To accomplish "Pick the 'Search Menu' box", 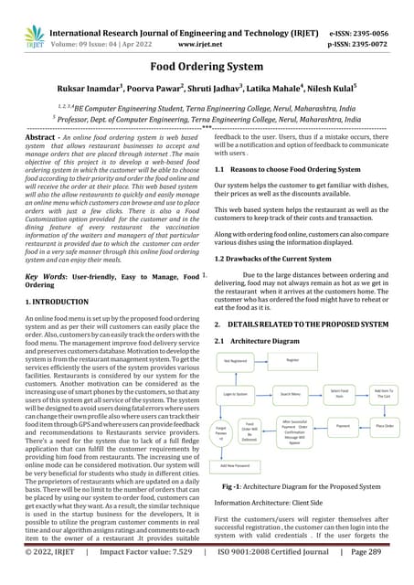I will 292,393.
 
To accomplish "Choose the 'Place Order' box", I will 384,426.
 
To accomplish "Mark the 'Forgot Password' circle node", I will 220,430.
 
